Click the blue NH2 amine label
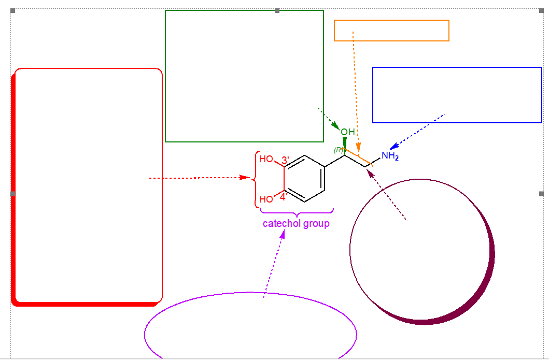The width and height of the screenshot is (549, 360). point(390,155)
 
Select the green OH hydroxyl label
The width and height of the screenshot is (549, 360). point(348,132)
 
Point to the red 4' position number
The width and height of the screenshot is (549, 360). point(284,197)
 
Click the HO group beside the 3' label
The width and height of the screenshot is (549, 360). point(266,159)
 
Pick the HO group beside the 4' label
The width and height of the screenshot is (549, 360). point(266,199)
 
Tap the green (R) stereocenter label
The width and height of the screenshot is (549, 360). point(339,150)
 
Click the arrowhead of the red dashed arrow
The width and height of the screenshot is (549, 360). point(247,178)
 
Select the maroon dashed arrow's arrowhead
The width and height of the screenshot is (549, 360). point(370,172)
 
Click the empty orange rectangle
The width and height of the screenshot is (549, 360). point(391,31)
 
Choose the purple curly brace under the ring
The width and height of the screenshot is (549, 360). point(297,212)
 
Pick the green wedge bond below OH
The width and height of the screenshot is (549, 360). point(345,141)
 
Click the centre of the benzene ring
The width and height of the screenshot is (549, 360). point(304,179)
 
